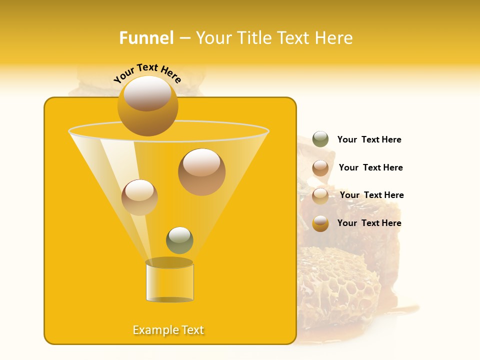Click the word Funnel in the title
[x=146, y=38]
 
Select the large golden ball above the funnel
[x=147, y=106]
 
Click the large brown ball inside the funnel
[x=201, y=172]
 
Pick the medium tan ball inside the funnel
[x=139, y=197]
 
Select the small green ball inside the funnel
[x=179, y=240]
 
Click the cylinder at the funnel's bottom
[x=169, y=282]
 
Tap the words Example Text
[x=168, y=330]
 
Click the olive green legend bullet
[x=320, y=139]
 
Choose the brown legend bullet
[x=320, y=168]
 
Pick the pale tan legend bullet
[x=320, y=196]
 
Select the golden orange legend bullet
[x=320, y=223]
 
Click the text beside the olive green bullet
[x=369, y=140]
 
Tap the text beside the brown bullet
[x=370, y=167]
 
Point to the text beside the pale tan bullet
[x=371, y=195]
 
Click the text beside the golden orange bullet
[x=369, y=223]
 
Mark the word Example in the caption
[x=154, y=330]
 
